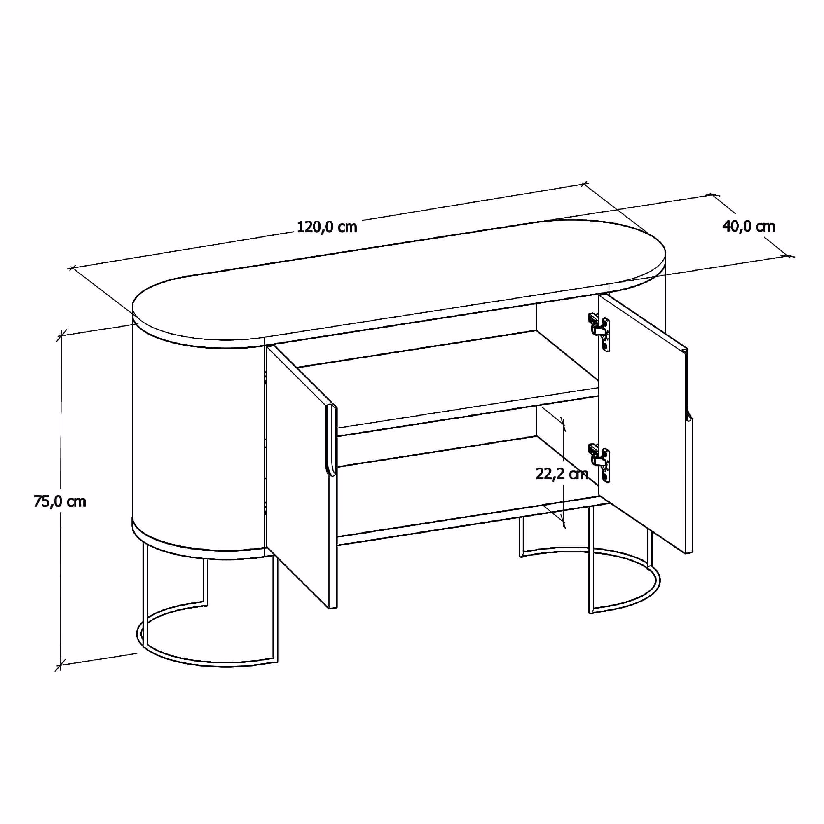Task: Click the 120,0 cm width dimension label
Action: pyautogui.click(x=327, y=227)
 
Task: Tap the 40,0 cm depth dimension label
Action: pyautogui.click(x=749, y=227)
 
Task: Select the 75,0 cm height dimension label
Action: pyautogui.click(x=60, y=501)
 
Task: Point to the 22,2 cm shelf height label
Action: pyautogui.click(x=562, y=474)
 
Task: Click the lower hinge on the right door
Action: pyautogui.click(x=599, y=463)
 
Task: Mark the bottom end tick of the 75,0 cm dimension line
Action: pyautogui.click(x=60, y=664)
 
